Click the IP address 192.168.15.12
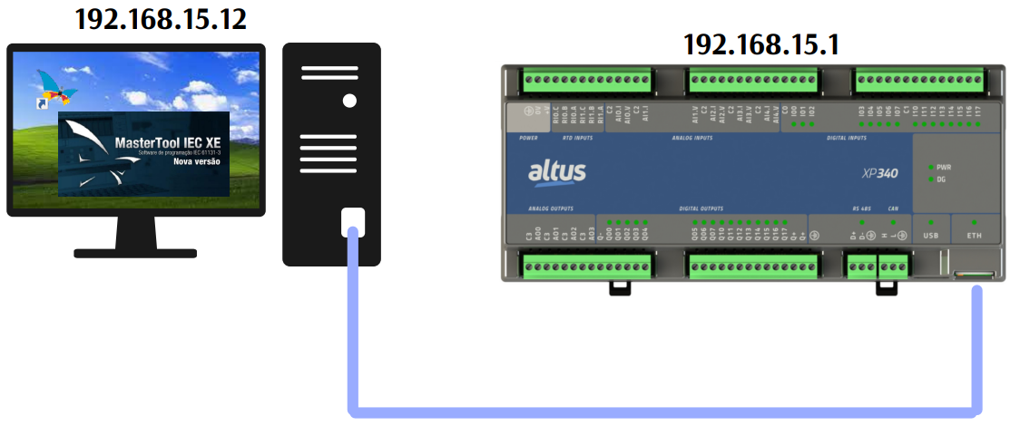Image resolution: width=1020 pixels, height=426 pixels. click(x=161, y=20)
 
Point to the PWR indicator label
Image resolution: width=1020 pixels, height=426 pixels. click(x=943, y=168)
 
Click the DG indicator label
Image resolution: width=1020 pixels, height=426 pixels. click(x=941, y=179)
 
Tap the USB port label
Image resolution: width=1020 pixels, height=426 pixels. click(x=930, y=235)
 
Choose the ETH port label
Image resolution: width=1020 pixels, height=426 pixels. click(x=975, y=235)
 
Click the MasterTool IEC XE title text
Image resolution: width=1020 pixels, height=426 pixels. click(x=168, y=142)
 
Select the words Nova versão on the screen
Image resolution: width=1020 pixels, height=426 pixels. click(x=196, y=162)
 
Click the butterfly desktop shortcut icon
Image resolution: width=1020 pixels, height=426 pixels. click(x=55, y=89)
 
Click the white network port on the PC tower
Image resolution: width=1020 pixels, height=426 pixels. click(x=353, y=221)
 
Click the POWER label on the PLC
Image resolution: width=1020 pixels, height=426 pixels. click(x=528, y=139)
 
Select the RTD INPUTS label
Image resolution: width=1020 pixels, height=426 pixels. click(x=577, y=139)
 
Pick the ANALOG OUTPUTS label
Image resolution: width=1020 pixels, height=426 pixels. click(x=552, y=208)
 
